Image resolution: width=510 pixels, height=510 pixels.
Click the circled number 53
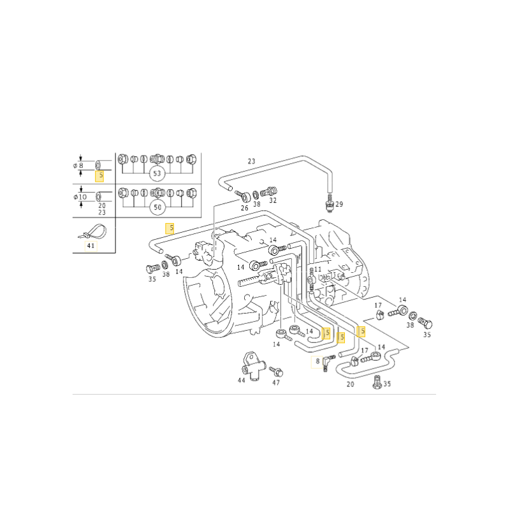(157, 173)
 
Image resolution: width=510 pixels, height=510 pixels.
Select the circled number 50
(157, 207)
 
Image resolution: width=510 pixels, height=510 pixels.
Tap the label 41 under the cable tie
(91, 245)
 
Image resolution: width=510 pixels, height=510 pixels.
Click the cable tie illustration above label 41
(93, 231)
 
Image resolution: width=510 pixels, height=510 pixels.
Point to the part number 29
(339, 204)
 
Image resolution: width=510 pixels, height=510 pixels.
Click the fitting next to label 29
(330, 201)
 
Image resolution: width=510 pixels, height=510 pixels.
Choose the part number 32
(273, 201)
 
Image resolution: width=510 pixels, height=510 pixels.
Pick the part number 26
(245, 208)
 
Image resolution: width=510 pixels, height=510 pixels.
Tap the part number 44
(242, 380)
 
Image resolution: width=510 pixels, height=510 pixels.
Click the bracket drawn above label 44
(252, 365)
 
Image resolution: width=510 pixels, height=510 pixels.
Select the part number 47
(276, 383)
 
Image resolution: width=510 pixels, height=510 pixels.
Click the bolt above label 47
(276, 371)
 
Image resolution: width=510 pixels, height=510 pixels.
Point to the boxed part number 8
(317, 361)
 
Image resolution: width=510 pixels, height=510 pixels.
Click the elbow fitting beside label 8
(328, 362)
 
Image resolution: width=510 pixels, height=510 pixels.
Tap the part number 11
(317, 269)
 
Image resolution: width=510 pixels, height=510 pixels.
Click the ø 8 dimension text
(78, 166)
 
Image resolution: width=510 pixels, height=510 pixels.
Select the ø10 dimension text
(80, 197)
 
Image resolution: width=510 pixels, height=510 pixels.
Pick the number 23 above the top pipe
(251, 161)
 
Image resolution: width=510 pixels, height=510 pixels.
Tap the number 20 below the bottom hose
(350, 384)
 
